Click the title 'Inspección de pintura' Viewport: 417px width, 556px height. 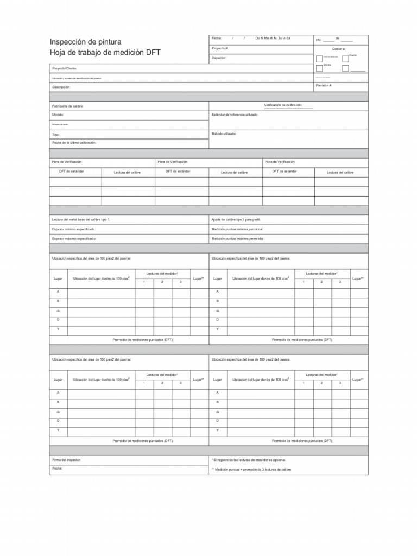tap(86, 42)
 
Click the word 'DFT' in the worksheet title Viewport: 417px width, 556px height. tap(152, 53)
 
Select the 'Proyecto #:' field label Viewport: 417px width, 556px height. tap(220, 48)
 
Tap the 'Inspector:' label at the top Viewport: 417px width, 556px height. tap(219, 57)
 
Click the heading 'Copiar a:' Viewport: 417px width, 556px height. tap(339, 48)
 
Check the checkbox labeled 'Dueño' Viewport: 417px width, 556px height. tap(345, 58)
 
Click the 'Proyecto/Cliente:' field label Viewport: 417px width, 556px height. tap(64, 69)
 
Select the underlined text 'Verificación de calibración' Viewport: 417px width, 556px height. tap(282, 105)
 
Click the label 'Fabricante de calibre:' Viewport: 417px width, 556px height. tap(68, 106)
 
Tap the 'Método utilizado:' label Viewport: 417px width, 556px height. tap(224, 133)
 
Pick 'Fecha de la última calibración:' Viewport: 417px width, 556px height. tap(74, 142)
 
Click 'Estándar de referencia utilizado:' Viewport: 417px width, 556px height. tap(235, 115)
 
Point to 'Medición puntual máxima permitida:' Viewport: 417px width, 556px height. tap(238, 238)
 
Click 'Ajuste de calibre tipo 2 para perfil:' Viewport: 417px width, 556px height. tap(236, 219)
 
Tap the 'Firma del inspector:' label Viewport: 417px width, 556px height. tap(66, 459)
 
